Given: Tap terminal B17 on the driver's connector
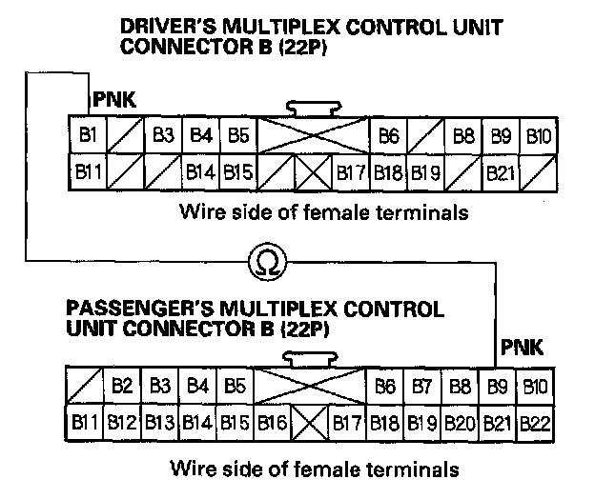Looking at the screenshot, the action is pos(351,173).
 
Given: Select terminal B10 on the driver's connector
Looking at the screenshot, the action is pos(538,136).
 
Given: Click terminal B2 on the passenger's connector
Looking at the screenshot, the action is pos(121,388).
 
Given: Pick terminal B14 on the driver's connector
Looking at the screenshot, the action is pos(199,173).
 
